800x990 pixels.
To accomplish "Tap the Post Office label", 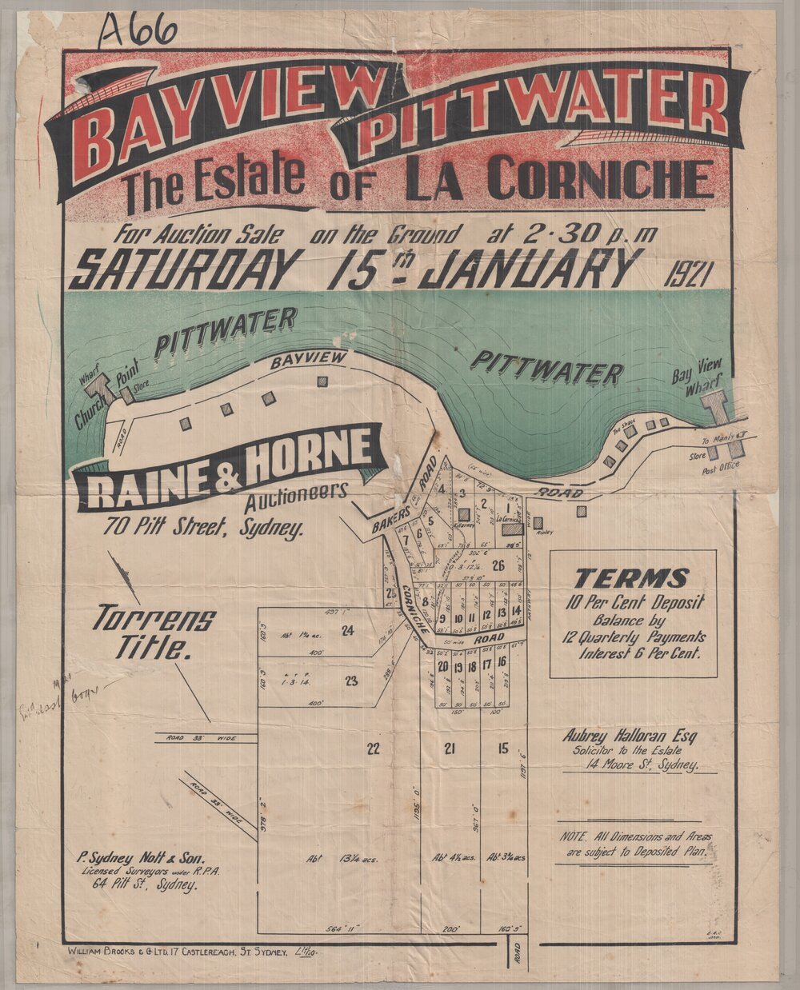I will [x=722, y=466].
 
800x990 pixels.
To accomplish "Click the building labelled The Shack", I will [x=631, y=432].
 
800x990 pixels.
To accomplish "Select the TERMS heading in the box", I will [x=631, y=577].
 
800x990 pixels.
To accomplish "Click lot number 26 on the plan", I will [x=498, y=566].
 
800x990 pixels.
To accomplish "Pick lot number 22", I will [x=372, y=748].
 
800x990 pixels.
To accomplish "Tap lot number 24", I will [x=347, y=630].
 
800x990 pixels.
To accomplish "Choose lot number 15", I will [x=502, y=748].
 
